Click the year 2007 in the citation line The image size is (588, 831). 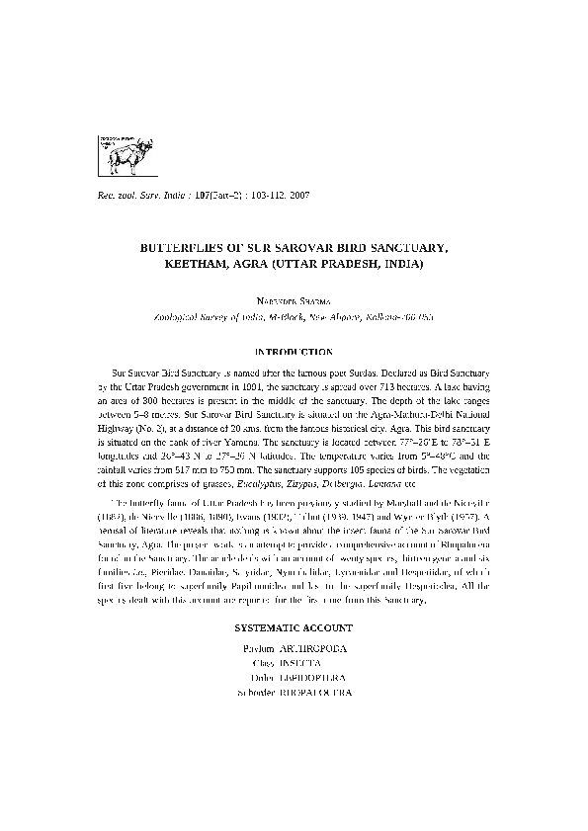[x=299, y=195]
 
